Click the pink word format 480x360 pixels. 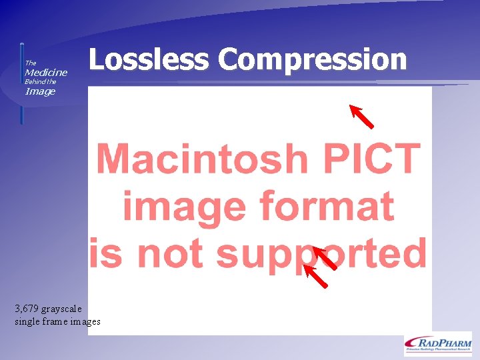pos(326,206)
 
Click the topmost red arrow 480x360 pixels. pos(362,116)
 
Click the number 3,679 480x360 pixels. pos(26,309)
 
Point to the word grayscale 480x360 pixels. pos(61,309)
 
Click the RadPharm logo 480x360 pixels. pos(437,343)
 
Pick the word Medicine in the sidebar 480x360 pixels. pos(46,72)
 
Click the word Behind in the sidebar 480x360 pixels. pos(34,81)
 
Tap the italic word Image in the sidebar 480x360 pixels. pos(40,91)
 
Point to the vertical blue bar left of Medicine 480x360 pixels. pos(21,83)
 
